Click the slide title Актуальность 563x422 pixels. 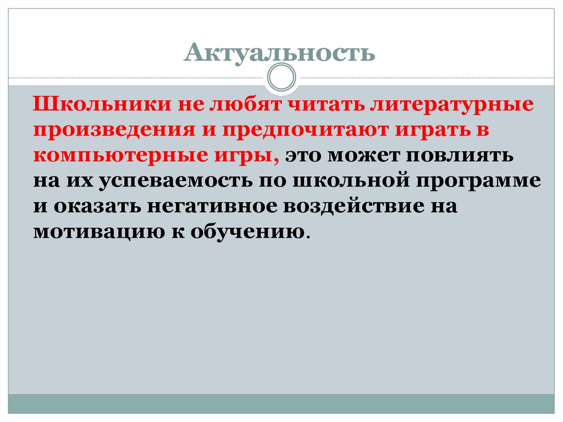coord(280,53)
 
